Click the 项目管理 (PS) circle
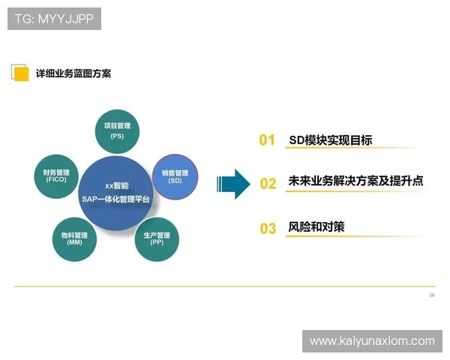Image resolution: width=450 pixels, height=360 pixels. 117,130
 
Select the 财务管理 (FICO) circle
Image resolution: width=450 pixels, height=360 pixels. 56,176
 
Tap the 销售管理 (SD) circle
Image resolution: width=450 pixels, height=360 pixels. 175,177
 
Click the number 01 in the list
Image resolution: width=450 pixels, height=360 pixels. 267,140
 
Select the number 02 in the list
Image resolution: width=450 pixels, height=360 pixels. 268,183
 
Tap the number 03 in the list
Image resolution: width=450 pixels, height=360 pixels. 268,228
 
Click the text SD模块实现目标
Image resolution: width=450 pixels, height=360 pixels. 330,139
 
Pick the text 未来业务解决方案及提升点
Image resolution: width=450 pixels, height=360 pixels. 355,181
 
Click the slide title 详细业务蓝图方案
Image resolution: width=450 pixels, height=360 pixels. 73,73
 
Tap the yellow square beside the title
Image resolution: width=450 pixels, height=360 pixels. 21,73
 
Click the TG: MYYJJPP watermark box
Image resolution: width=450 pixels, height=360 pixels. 54,18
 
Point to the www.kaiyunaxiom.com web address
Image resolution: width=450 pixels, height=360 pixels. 372,341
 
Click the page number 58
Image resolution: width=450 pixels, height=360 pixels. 431,295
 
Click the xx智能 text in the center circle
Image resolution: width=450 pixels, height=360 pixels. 116,186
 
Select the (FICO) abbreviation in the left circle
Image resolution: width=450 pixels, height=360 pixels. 56,181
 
